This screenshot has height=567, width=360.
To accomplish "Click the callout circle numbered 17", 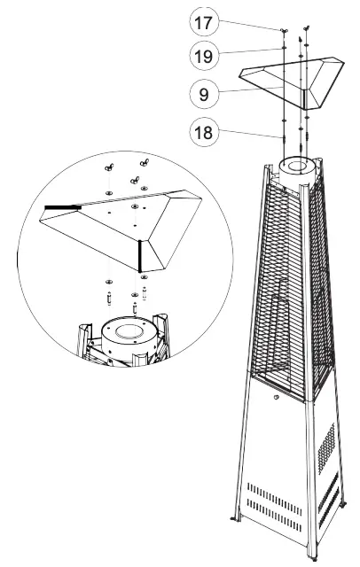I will [x=204, y=20].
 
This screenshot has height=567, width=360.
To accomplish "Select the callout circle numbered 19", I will [x=204, y=55].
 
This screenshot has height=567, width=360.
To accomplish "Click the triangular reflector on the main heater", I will [x=297, y=84].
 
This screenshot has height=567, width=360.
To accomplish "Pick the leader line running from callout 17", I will [x=244, y=25].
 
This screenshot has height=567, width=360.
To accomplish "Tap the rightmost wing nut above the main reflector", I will [x=308, y=30].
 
